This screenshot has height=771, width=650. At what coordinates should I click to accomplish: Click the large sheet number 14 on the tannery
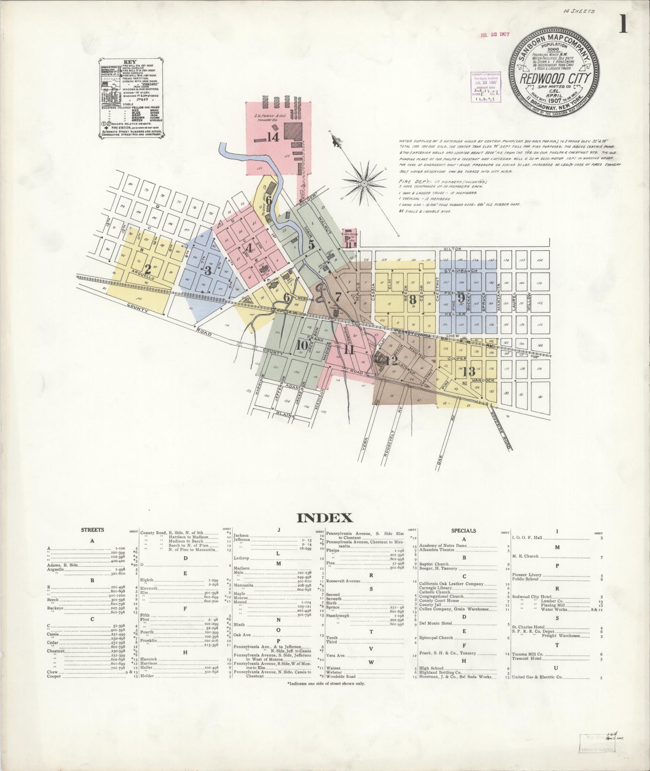coord(272,137)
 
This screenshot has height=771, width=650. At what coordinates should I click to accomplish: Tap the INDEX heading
coord(324,518)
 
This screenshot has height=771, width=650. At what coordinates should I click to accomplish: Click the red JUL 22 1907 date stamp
coord(495,35)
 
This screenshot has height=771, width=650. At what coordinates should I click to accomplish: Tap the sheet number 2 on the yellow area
coord(148,269)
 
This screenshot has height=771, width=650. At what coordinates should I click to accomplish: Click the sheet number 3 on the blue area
coord(208,270)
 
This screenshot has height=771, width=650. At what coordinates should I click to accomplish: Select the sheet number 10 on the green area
coord(302,345)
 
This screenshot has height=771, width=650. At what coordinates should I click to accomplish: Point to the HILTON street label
coord(452,249)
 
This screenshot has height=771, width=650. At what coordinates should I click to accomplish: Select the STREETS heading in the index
coord(92,530)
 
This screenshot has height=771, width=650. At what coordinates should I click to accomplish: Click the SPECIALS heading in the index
coord(463,531)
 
